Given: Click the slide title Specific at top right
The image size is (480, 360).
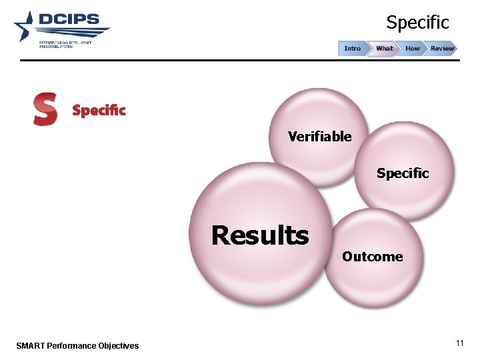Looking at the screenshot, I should click(418, 23).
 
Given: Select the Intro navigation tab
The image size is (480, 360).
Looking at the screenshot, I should click(353, 49).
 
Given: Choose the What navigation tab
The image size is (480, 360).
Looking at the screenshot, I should click(385, 49).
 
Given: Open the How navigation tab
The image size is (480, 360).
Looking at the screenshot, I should click(413, 49).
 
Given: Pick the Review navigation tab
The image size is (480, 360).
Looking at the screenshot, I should click(442, 49).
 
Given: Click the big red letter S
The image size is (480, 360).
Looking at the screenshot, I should click(45, 109).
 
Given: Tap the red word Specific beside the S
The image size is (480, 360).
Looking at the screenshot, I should click(99, 111).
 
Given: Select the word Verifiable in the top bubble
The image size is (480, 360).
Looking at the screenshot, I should click(319, 137).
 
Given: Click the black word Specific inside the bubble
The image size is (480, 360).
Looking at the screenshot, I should click(402, 173).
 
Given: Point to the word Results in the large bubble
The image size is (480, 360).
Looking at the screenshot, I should click(260, 235).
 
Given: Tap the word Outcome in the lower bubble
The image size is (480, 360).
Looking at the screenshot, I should click(372, 257).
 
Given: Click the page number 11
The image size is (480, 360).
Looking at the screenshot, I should click(459, 343).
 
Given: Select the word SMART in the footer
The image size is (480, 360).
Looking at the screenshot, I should click(29, 345).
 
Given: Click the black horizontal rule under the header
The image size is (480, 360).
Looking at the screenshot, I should click(240, 60).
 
